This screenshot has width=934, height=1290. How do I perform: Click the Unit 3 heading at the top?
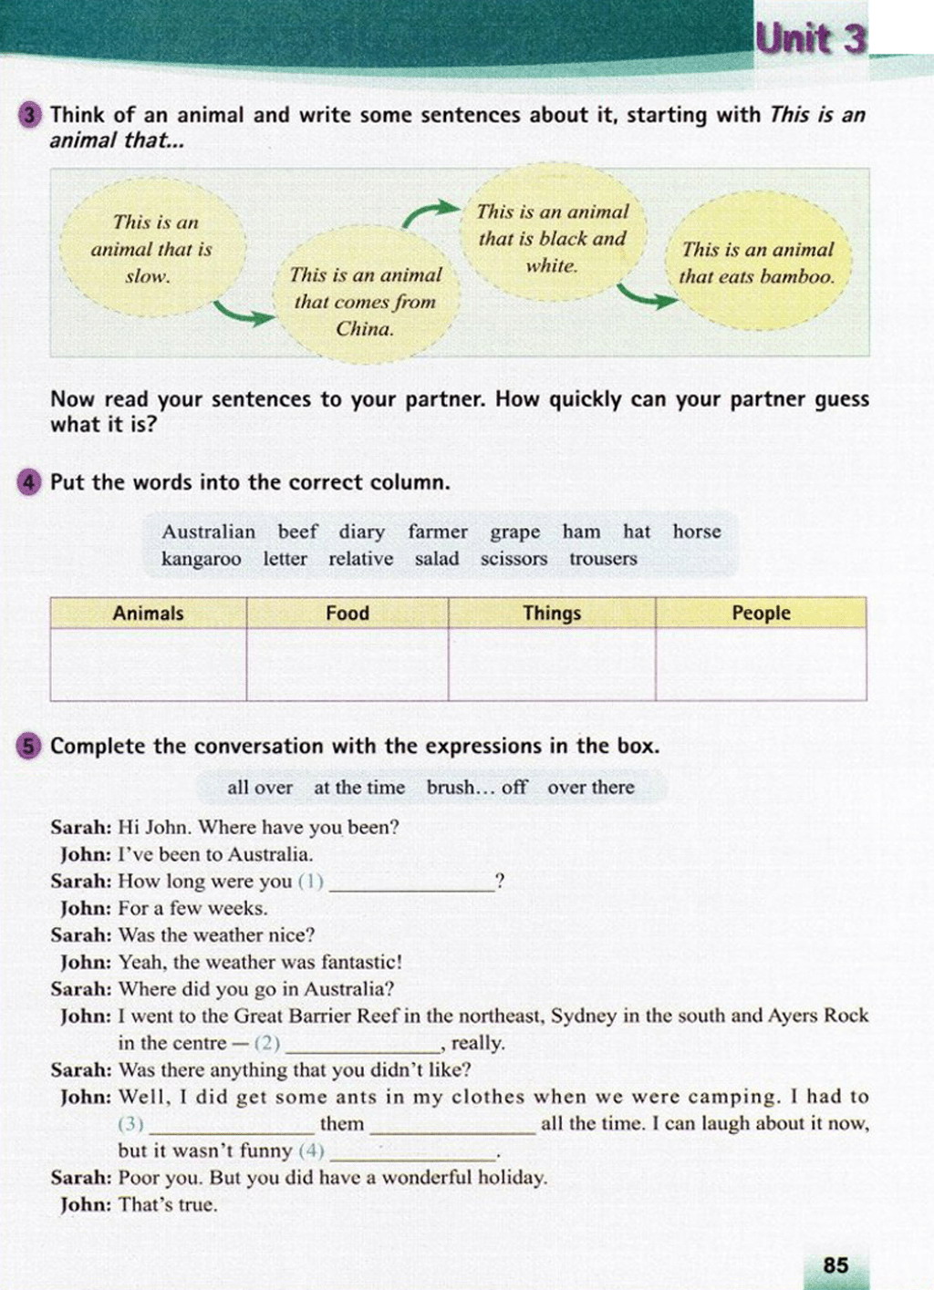(810, 39)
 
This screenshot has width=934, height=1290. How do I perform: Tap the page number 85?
(835, 1264)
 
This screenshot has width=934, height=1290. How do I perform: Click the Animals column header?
(148, 613)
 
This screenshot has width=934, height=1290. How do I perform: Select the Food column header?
(347, 613)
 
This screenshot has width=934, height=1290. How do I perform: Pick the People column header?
(761, 613)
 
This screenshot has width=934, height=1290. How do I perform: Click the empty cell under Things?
(551, 664)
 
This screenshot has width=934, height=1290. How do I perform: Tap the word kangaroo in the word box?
(201, 559)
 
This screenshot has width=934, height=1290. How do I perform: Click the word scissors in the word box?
(514, 559)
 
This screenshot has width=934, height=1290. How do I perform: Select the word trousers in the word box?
(603, 559)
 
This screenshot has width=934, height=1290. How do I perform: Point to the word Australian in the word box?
(208, 531)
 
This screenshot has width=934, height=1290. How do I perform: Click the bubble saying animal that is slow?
(150, 249)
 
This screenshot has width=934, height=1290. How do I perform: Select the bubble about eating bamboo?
(757, 263)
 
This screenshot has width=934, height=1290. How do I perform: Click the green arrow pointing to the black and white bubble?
(431, 213)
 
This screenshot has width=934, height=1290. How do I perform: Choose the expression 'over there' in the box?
(590, 787)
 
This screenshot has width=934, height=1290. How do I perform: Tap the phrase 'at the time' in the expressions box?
(359, 787)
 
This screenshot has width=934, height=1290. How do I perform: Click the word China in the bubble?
(365, 329)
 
